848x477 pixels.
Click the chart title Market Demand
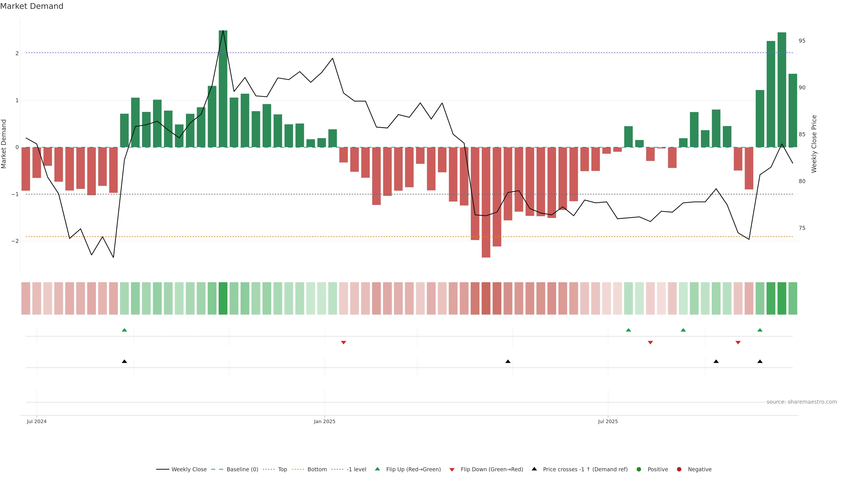[32, 6]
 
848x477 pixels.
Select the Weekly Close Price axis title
[814, 144]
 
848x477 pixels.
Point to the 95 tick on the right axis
[802, 41]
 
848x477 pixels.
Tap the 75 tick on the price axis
[802, 228]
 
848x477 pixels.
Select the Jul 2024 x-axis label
[36, 421]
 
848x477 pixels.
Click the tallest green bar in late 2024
[223, 89]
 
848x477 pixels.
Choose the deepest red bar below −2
[486, 203]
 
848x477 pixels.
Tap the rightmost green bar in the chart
[793, 110]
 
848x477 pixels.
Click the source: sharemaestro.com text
[802, 402]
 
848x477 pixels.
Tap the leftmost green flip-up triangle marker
[124, 330]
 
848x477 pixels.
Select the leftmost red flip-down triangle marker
[343, 343]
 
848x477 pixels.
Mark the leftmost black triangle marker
[124, 362]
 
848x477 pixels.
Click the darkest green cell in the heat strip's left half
[223, 298]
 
